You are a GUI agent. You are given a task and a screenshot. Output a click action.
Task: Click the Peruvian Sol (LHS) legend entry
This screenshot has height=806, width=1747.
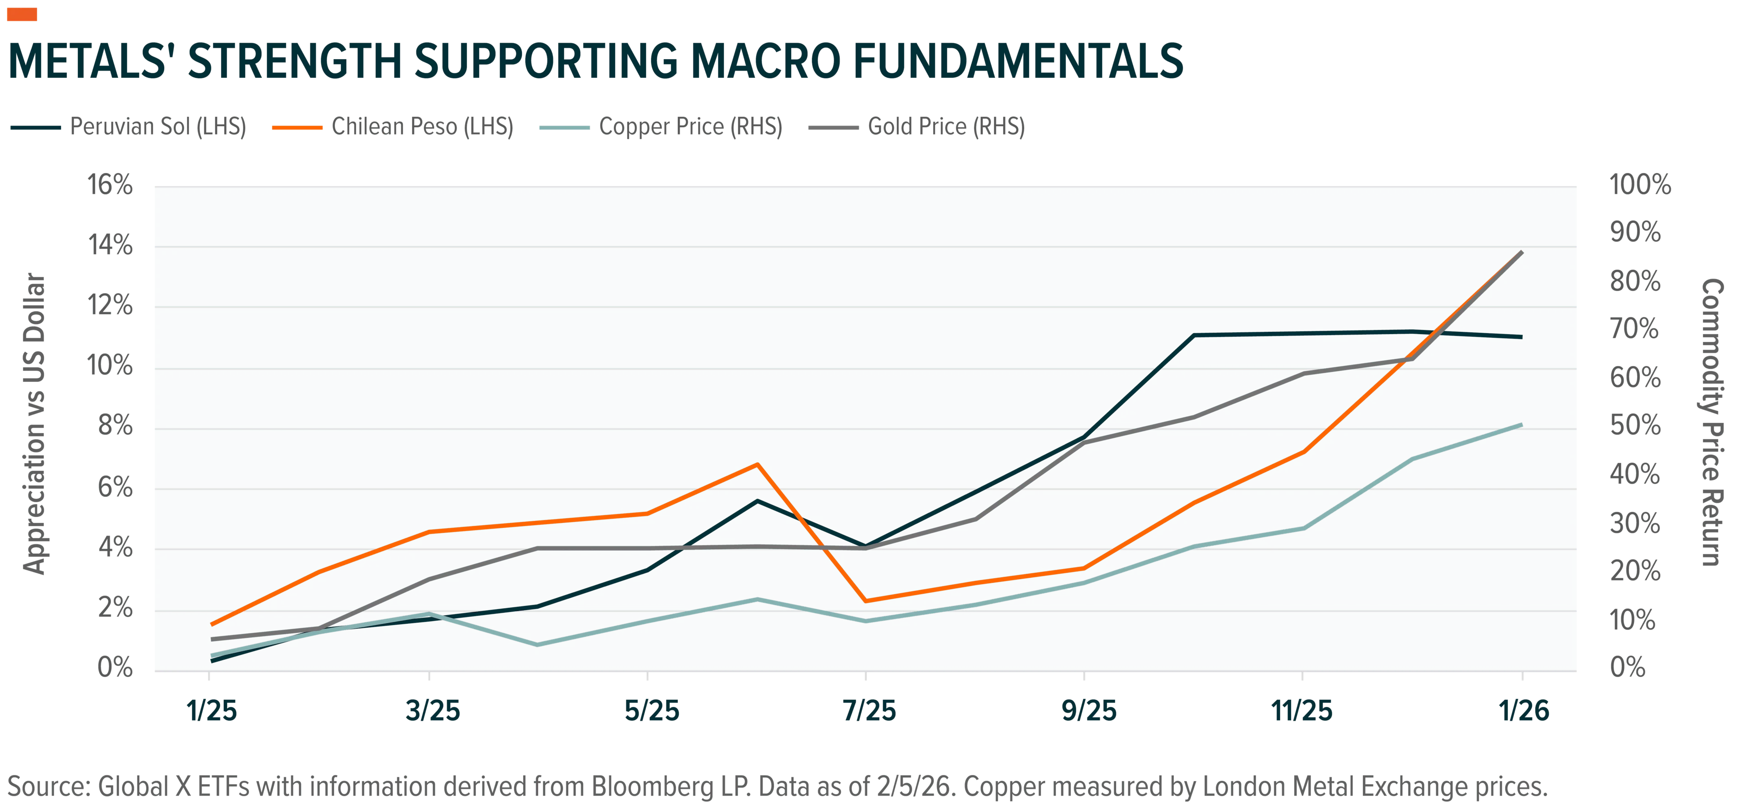coord(129,127)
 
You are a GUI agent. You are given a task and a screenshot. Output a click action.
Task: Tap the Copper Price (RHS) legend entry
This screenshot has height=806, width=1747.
coord(661,127)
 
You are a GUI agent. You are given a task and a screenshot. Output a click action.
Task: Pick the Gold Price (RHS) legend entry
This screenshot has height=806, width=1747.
coord(917,127)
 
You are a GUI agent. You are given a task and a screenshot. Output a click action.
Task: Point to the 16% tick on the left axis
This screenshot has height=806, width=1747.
coord(110,185)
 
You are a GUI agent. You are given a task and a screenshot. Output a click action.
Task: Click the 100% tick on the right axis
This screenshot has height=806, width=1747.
coord(1640,185)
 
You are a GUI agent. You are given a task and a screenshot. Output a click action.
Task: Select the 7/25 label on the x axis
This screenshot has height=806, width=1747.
coord(869,711)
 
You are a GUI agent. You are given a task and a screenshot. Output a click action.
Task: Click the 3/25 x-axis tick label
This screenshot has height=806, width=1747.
coord(433,711)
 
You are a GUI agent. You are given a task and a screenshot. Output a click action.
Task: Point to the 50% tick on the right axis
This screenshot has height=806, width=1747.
coord(1635,425)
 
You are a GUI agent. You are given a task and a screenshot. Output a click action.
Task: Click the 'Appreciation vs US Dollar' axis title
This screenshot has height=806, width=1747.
coord(34,424)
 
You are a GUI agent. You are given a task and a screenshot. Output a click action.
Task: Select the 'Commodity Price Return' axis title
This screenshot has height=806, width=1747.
coord(1712,422)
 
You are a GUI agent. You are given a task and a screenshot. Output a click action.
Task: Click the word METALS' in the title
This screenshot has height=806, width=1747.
coord(88,61)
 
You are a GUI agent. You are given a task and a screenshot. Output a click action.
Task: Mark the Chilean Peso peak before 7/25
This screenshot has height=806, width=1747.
coord(757,464)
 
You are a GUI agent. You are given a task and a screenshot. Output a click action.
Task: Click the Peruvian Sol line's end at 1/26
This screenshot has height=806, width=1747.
coord(1522,337)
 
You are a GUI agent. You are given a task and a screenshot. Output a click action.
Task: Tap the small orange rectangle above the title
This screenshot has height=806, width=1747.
coord(22,14)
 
